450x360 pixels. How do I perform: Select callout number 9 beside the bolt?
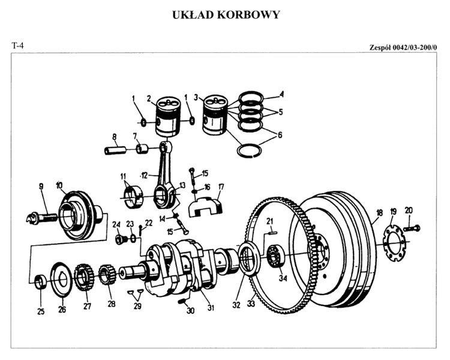[x=41, y=187]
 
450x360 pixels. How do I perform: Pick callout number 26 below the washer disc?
[x=62, y=310]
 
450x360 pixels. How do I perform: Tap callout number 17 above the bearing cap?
[x=221, y=187]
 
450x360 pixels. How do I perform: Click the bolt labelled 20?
[x=412, y=229]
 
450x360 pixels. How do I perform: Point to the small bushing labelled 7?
[x=143, y=148]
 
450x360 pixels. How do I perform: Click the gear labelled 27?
[x=83, y=278]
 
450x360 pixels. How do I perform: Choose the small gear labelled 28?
[x=107, y=276]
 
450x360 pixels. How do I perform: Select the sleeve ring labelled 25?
[x=40, y=280]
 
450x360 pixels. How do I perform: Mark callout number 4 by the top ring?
[x=281, y=94]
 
